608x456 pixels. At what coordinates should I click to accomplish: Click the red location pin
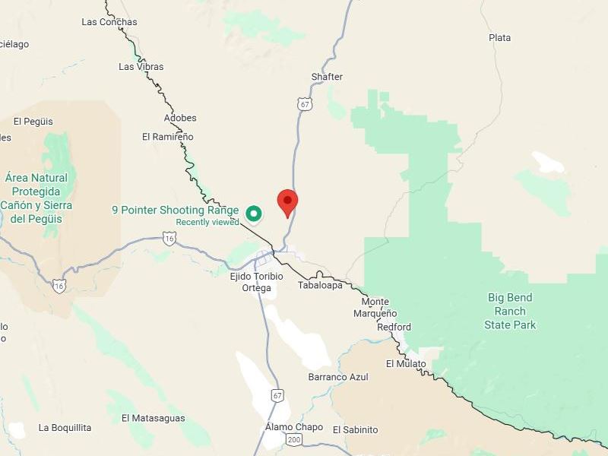pyautogui.click(x=287, y=202)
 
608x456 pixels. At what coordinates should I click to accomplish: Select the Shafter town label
pyautogui.click(x=327, y=77)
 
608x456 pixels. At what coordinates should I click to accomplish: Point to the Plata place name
pyautogui.click(x=500, y=37)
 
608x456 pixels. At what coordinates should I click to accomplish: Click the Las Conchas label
pyautogui.click(x=109, y=22)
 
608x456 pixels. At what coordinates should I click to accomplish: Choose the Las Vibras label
pyautogui.click(x=141, y=67)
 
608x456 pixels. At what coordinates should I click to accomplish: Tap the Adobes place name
pyautogui.click(x=180, y=118)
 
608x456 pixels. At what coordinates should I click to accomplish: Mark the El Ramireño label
pyautogui.click(x=168, y=137)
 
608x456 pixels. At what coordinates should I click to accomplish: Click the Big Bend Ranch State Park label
pyautogui.click(x=510, y=311)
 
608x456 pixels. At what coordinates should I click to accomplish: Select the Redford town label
pyautogui.click(x=394, y=327)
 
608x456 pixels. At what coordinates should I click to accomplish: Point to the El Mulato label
pyautogui.click(x=406, y=363)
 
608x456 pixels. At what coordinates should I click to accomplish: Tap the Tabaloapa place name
pyautogui.click(x=320, y=285)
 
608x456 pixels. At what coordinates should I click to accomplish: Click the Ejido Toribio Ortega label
pyautogui.click(x=256, y=282)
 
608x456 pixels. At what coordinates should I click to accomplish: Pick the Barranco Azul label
pyautogui.click(x=338, y=377)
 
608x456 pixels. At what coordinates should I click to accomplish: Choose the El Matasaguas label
pyautogui.click(x=153, y=418)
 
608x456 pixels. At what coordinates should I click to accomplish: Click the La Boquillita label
pyautogui.click(x=65, y=428)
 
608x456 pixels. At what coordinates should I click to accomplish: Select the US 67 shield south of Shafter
pyautogui.click(x=305, y=104)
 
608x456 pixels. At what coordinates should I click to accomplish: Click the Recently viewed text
pyautogui.click(x=207, y=222)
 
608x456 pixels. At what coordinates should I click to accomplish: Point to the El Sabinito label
pyautogui.click(x=355, y=429)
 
